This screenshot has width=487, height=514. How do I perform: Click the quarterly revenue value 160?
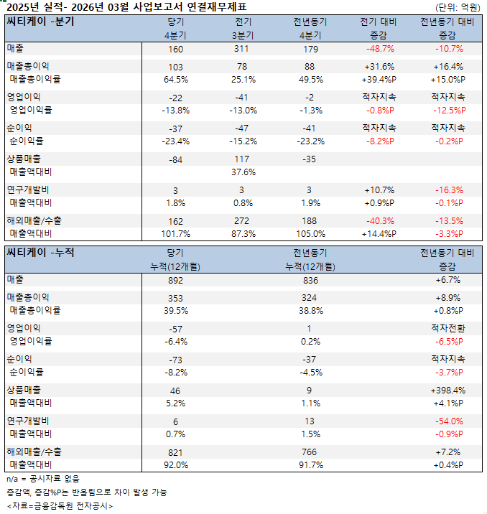pos(176,49)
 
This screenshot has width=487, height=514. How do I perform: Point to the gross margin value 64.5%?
pos(176,79)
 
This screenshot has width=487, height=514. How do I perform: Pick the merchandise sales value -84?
pos(176,159)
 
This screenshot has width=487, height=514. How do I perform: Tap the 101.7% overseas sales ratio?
pos(176,234)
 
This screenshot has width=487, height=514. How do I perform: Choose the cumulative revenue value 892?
pos(176,280)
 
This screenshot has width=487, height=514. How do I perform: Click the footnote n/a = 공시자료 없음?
pos(43,478)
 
